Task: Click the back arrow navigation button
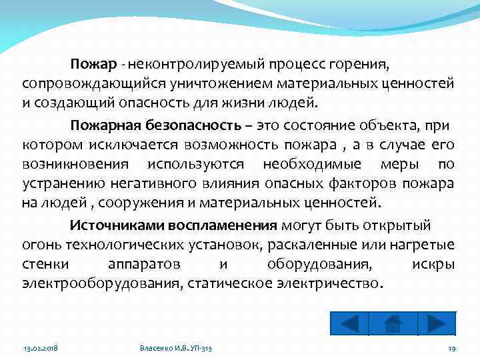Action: pos(349,323)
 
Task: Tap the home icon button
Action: pos(393,323)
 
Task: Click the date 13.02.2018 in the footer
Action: pos(41,349)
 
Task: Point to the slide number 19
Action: pos(451,349)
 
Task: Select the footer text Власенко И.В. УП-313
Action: pos(179,349)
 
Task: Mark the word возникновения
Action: pos(73,164)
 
